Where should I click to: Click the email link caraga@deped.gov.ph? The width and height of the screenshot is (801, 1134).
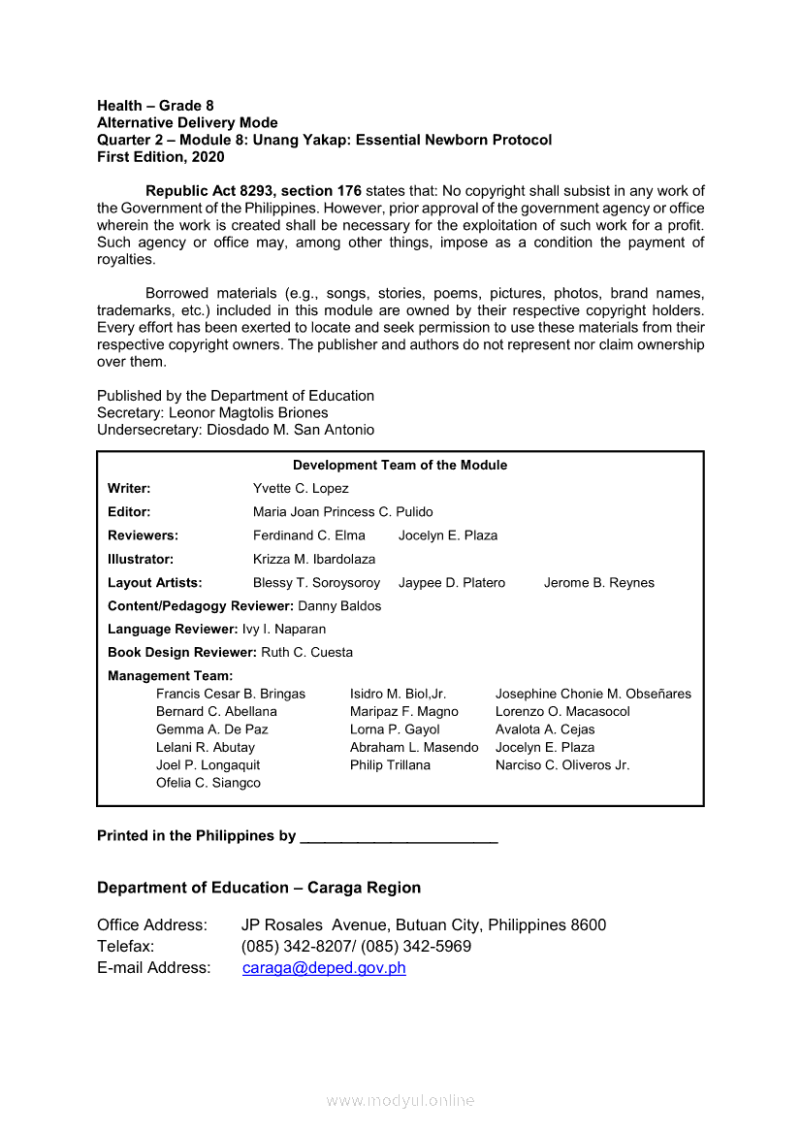click(x=324, y=967)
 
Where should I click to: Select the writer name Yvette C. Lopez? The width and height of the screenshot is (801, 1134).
click(x=301, y=488)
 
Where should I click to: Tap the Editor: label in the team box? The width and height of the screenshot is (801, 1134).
click(x=129, y=511)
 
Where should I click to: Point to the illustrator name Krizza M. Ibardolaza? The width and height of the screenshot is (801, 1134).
click(x=314, y=559)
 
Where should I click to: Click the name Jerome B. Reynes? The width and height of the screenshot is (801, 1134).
click(x=599, y=582)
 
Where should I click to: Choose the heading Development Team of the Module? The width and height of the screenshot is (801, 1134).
click(x=400, y=465)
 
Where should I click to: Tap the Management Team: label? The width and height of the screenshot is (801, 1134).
click(x=170, y=675)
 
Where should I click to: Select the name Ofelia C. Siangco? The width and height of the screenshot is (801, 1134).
click(x=208, y=783)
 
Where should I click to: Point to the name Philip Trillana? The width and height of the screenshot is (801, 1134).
click(x=390, y=764)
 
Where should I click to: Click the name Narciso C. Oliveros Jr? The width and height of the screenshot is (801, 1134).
click(x=562, y=764)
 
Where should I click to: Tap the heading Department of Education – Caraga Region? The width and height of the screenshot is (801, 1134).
click(x=259, y=888)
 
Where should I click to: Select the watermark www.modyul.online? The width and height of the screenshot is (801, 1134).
click(x=400, y=1100)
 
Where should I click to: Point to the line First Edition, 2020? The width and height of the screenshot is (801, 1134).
click(x=160, y=156)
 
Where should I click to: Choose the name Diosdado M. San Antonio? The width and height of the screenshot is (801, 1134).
click(x=290, y=430)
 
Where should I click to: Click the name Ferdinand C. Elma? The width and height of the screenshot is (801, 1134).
click(x=309, y=535)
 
